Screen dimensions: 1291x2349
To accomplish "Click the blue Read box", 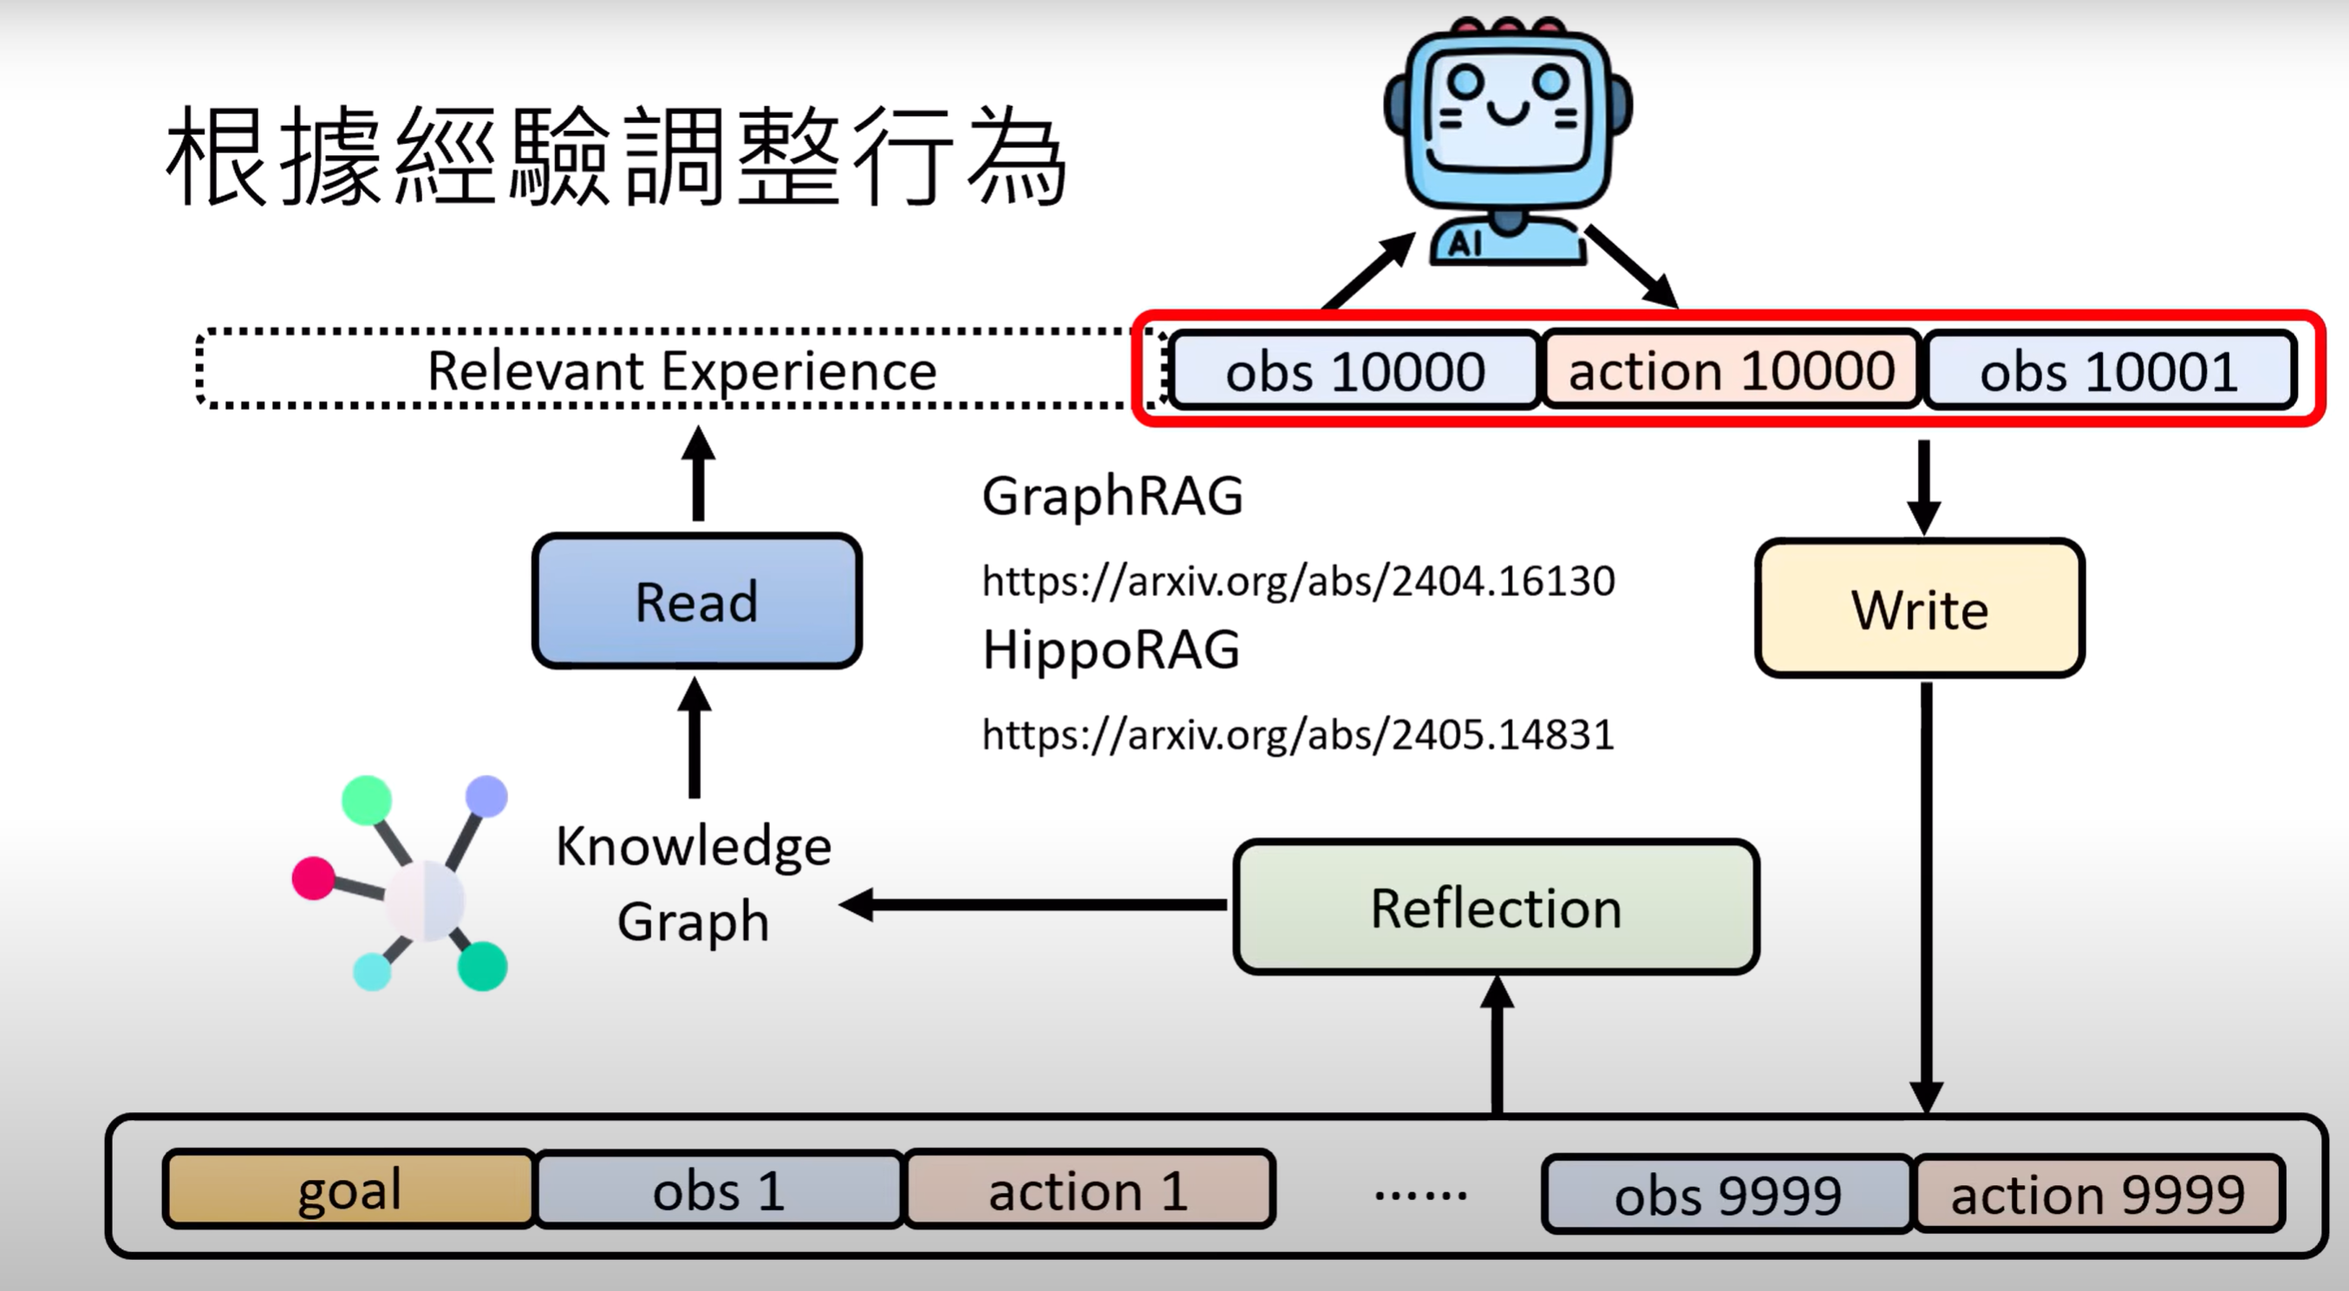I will [x=696, y=601].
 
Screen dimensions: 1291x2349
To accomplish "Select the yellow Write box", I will [x=1920, y=608].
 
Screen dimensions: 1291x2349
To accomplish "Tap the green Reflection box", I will [x=1496, y=908].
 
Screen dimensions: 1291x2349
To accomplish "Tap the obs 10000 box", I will [x=1354, y=370].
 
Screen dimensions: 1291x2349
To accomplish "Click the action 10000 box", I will [x=1731, y=370].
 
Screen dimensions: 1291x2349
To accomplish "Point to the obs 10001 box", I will [x=2108, y=370].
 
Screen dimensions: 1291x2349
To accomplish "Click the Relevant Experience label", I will [x=682, y=370].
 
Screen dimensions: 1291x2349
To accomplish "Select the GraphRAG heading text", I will [x=1112, y=495].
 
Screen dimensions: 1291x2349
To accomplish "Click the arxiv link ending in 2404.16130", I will [x=1297, y=581].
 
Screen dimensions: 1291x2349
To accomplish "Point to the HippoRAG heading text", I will [x=1111, y=650].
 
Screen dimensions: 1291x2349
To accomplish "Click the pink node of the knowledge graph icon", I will [x=313, y=878].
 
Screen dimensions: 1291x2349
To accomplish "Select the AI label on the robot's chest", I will [x=1465, y=244].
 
